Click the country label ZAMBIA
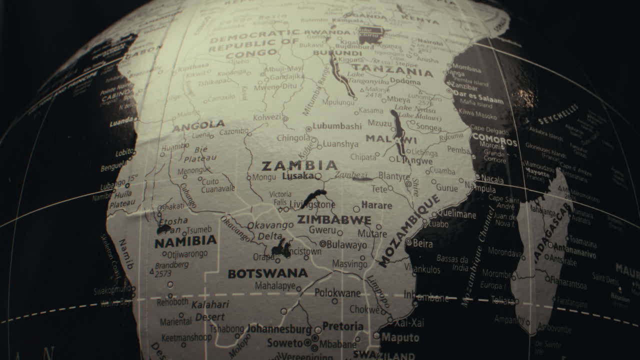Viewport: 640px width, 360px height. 299,165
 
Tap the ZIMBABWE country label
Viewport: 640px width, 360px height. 334,220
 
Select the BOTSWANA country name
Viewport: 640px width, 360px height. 267,273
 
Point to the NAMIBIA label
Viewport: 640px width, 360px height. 185,242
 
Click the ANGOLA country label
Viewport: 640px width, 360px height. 198,125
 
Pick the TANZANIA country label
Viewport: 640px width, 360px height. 391,70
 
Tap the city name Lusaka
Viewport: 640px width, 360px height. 298,176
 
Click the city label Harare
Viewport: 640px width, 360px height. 376,205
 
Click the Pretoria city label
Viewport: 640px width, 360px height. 343,326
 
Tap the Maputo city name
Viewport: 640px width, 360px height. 400,337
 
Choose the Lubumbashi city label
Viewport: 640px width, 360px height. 336,126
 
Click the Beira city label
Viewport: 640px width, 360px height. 423,243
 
